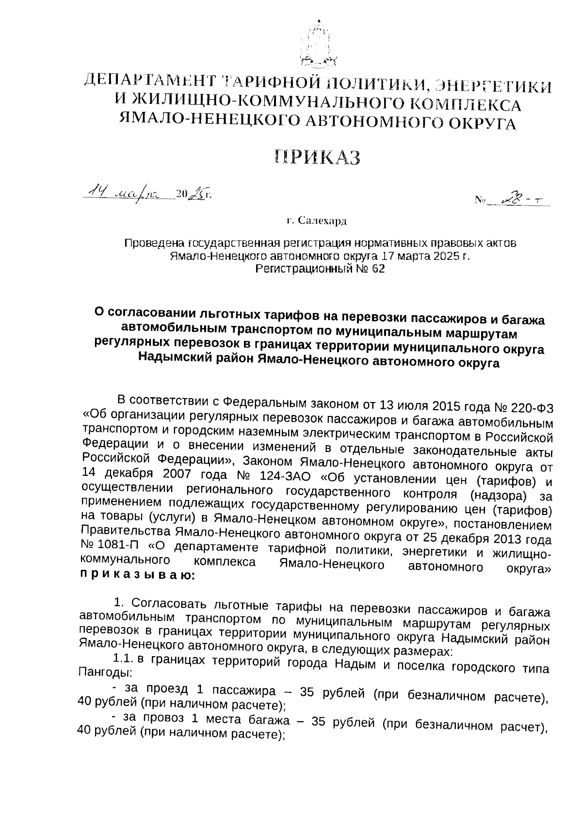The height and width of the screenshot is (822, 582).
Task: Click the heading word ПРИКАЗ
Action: (318, 157)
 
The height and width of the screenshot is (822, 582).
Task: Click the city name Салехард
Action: (322, 221)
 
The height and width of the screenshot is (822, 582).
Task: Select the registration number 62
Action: (378, 269)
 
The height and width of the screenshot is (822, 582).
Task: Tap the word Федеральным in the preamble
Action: (262, 403)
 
